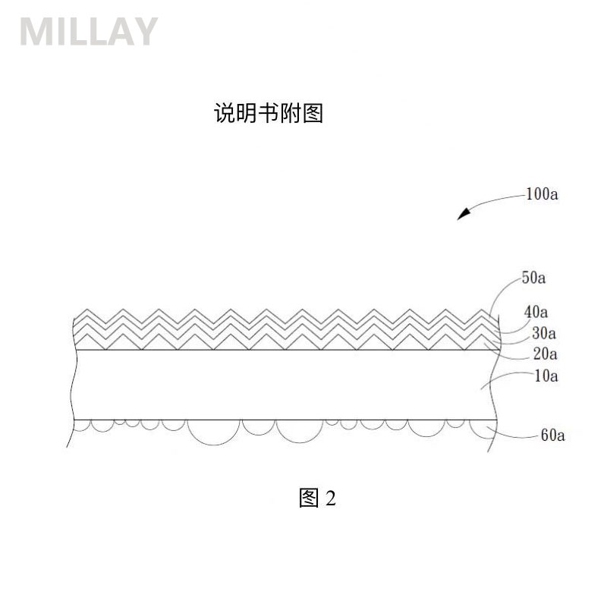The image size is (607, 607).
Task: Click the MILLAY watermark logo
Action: [x=89, y=31]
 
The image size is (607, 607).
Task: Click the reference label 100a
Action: [x=542, y=194]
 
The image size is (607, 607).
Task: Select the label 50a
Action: [x=533, y=278]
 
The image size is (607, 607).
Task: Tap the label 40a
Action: [x=536, y=312]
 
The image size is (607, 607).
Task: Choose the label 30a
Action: [x=544, y=333]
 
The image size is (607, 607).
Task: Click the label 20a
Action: [x=545, y=354]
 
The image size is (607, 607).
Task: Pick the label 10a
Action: [x=546, y=376]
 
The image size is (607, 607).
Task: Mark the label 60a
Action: [x=553, y=435]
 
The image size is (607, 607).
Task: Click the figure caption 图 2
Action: [x=317, y=498]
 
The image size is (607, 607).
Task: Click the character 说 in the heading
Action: [x=225, y=113]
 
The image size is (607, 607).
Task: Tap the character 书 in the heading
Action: [x=269, y=113]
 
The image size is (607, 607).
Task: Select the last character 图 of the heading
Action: [x=313, y=113]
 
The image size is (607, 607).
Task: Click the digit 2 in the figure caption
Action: [x=331, y=498]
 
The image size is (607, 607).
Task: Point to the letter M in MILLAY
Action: [x=33, y=31]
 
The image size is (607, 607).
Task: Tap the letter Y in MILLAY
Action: [x=145, y=31]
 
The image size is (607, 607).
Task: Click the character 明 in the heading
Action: [x=247, y=113]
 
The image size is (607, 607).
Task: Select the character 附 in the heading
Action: [x=291, y=113]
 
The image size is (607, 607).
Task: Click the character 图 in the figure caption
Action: [x=309, y=498]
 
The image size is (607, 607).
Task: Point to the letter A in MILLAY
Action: [x=120, y=31]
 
